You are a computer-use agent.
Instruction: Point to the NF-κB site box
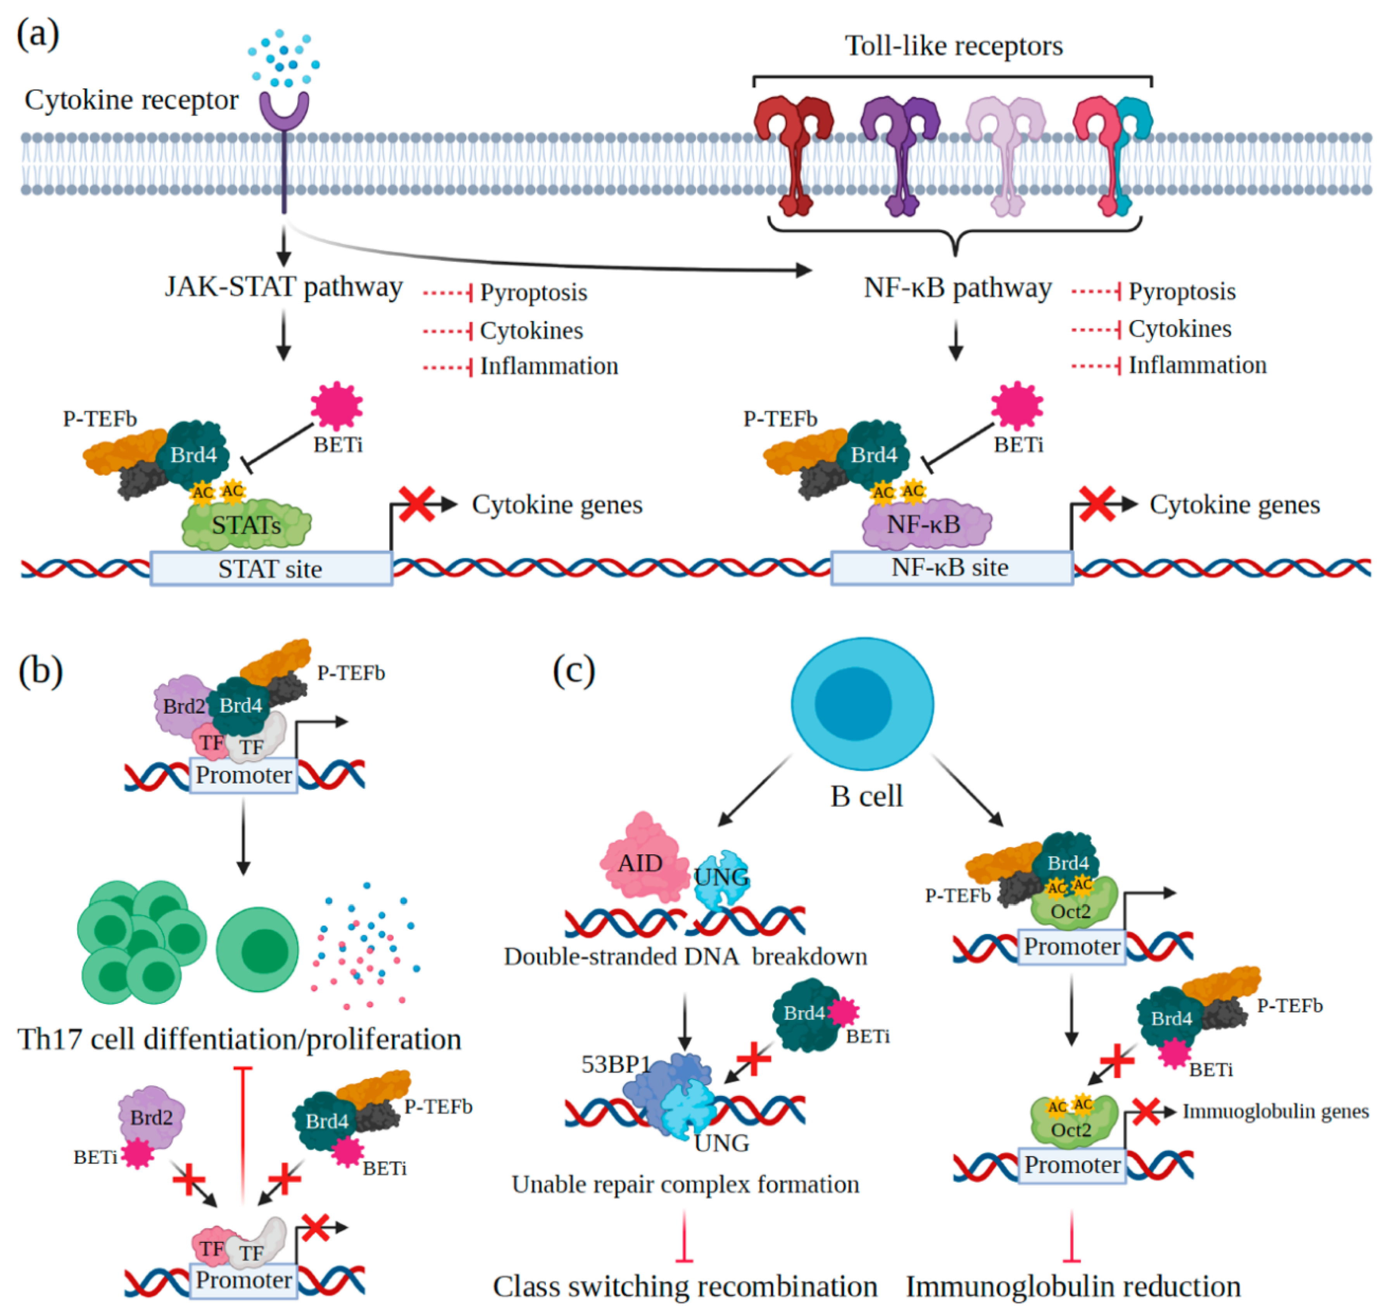coord(951,567)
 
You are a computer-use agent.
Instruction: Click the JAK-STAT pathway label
coord(283,287)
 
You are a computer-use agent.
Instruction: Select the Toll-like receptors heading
coord(954,46)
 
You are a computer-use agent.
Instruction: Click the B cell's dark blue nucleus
coord(853,703)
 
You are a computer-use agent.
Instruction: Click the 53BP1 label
coord(616,1064)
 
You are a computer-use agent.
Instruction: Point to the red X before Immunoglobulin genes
coord(1146,1112)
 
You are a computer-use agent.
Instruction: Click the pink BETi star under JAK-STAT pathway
coord(336,405)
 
